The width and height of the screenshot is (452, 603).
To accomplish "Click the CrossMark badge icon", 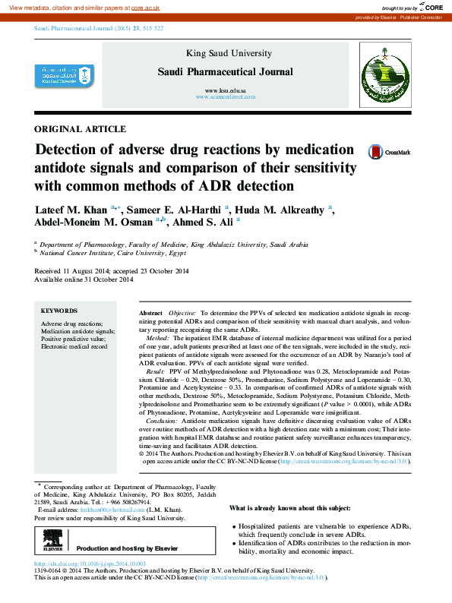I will pos(375,152).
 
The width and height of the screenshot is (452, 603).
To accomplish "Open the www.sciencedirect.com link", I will pos(225,97).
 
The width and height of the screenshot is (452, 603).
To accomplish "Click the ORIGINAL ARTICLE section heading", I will pos(80,129).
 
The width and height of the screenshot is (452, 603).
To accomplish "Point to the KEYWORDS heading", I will pos(58,311).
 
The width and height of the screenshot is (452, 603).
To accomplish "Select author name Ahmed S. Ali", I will pos(204,223).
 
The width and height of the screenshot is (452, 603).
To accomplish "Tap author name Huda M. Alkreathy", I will pos(280,210).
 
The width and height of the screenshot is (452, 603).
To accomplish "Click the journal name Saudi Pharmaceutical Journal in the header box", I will pos(224,72).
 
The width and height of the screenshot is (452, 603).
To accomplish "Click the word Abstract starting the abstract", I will pos(151,313).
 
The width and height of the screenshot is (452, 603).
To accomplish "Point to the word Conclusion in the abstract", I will pos(160,419).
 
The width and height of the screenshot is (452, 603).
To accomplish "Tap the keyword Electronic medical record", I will pos(74,346).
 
